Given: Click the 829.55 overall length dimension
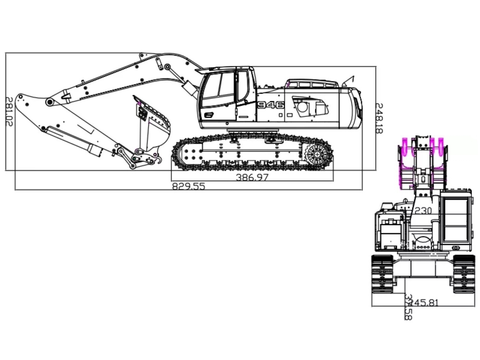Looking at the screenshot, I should point(188,186).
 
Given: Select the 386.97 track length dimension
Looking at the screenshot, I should point(252,177).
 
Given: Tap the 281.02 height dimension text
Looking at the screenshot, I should point(8,111).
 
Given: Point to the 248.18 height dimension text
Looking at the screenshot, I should point(379,118).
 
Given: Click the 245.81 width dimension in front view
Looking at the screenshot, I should point(423,303).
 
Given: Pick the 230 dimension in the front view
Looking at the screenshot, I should point(423,211).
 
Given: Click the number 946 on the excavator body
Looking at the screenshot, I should point(270,105).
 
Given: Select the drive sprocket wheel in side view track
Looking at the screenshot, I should point(317,154).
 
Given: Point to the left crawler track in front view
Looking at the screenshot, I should point(382,274).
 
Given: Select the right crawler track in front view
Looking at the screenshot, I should point(464,274).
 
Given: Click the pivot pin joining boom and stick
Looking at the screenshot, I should point(50,102).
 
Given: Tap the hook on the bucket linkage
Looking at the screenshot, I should point(159,160).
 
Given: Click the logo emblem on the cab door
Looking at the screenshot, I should point(208,115).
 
